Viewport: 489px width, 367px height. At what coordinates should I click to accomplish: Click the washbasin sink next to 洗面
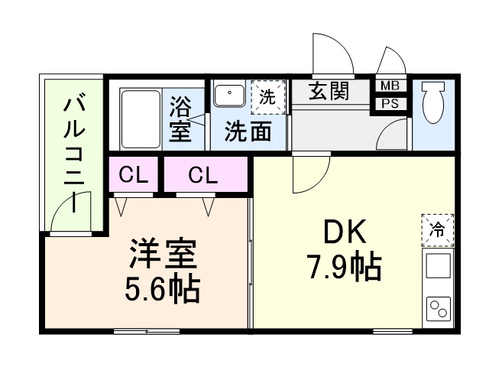tap(228, 96)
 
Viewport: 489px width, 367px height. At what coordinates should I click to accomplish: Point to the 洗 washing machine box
tap(267, 96)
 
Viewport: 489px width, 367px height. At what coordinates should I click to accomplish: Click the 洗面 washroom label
tap(248, 132)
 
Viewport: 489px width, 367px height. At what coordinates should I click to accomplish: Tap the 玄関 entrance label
tap(329, 92)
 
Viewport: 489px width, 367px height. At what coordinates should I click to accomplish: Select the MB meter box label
tap(390, 86)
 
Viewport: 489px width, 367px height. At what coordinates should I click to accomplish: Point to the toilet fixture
tap(432, 102)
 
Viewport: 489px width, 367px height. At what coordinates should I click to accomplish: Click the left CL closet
tap(133, 176)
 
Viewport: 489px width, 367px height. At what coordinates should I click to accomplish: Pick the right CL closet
tap(203, 176)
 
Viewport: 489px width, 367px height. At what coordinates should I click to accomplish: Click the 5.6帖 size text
tap(162, 289)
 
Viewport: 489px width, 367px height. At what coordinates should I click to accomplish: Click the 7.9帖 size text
tap(345, 268)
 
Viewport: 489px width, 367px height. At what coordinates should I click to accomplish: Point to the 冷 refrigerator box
tap(437, 231)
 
